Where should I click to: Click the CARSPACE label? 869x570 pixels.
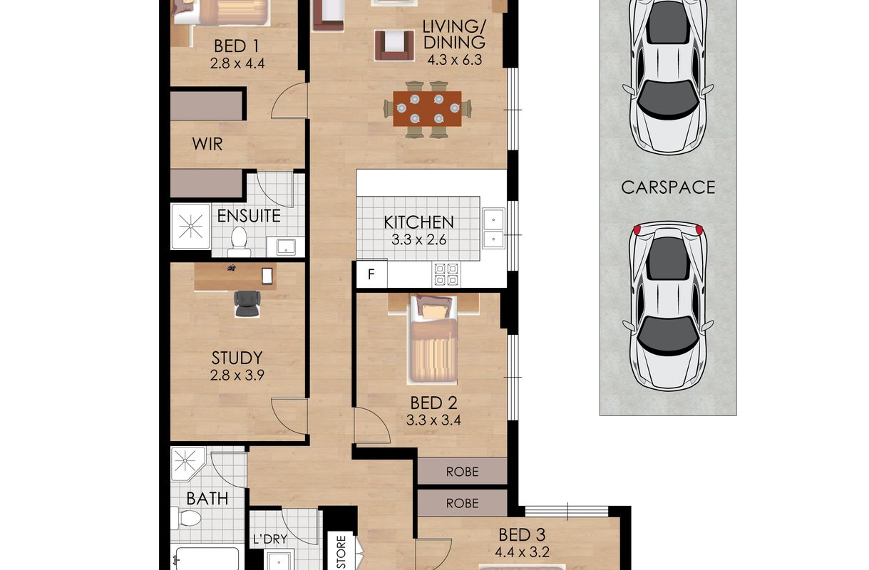(x=668, y=187)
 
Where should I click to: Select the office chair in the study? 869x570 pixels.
(x=247, y=304)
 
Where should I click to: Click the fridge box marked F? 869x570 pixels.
(x=371, y=274)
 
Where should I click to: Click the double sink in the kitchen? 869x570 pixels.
(x=493, y=228)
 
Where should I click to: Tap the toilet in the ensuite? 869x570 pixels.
(x=239, y=242)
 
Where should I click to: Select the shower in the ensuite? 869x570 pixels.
(x=190, y=227)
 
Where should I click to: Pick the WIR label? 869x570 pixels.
(x=207, y=144)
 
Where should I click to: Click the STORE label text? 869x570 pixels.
(x=341, y=549)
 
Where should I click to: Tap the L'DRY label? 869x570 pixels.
(x=269, y=539)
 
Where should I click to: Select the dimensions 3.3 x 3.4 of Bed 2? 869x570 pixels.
(x=433, y=420)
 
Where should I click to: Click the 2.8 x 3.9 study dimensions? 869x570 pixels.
(x=237, y=375)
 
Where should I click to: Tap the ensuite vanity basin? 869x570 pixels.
(x=287, y=247)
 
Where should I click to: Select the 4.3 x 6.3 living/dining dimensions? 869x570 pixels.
(x=455, y=61)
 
